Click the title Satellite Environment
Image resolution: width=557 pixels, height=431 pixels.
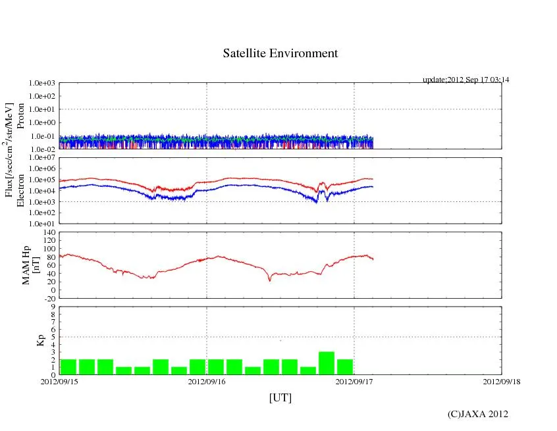pos(280,53)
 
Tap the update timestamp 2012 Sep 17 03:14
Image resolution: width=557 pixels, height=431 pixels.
pos(466,80)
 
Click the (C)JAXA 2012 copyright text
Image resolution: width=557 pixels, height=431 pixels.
pos(477,413)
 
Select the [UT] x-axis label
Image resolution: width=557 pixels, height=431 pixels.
pos(280,397)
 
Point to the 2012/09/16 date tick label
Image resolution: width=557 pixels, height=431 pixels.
pos(207,380)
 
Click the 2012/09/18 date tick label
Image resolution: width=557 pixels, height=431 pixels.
pos(502,380)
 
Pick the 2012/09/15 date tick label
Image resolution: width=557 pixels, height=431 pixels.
pos(59,380)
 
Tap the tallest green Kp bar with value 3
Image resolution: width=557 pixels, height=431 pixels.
pos(327,363)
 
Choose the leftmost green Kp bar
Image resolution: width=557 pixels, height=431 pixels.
pos(68,367)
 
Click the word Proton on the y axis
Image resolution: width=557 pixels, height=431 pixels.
pos(20,116)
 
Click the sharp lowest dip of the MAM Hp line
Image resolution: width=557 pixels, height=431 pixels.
pos(269,281)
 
